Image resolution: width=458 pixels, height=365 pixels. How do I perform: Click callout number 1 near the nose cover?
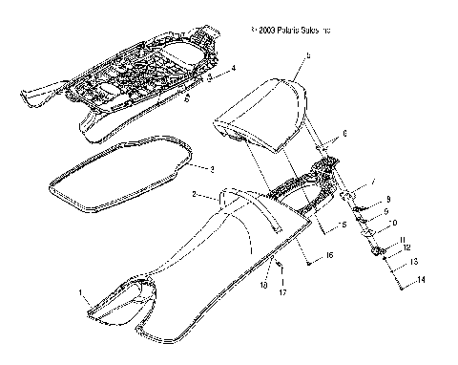point(81,290)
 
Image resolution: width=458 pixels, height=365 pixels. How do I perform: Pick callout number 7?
point(373,182)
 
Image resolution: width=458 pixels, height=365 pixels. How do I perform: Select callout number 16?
point(330,257)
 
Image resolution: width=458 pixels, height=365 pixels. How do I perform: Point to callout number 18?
point(264,285)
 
